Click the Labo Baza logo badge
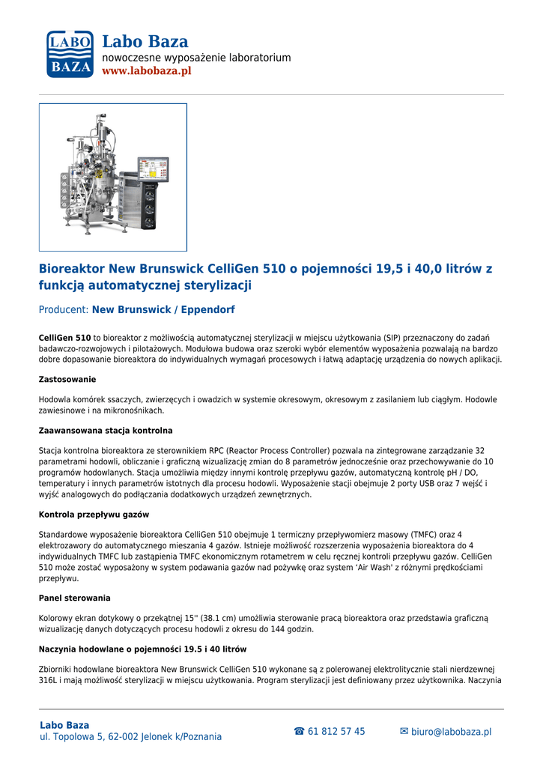70,54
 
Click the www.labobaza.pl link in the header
146,71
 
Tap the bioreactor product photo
112,177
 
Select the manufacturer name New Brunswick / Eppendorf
163,309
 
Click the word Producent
63,309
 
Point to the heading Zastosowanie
67,380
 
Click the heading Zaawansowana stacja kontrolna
106,431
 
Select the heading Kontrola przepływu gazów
94,515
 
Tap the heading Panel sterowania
74,598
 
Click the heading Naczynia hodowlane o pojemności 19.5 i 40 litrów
142,649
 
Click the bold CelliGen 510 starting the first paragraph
64,339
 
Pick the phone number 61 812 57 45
336,732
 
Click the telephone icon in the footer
299,732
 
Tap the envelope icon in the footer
404,732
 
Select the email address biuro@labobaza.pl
451,732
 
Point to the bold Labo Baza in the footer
64,725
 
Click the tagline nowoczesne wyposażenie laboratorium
196,58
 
